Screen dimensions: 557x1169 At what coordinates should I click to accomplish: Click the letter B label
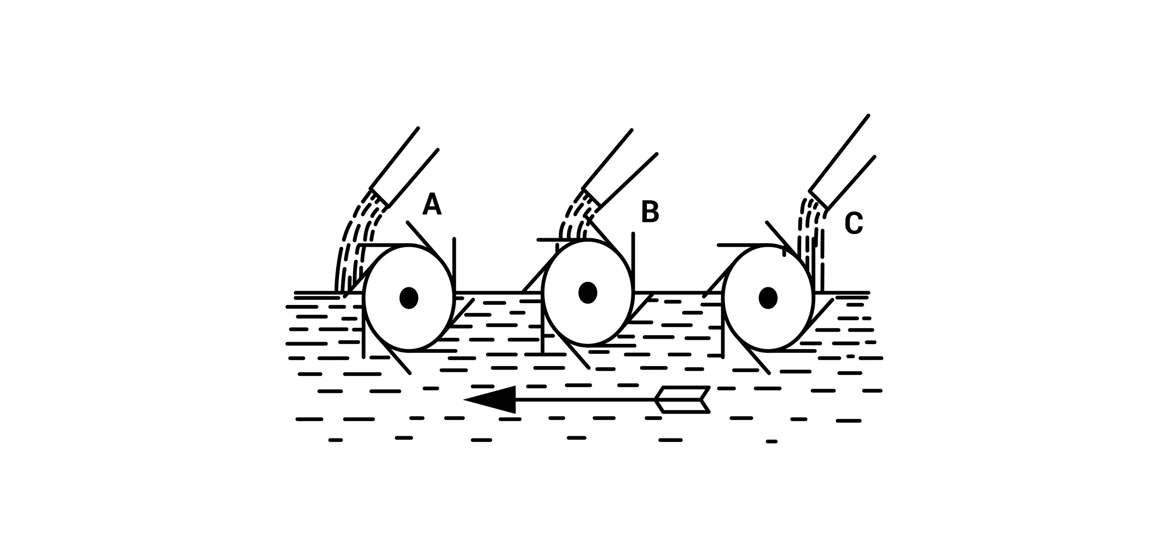click(650, 212)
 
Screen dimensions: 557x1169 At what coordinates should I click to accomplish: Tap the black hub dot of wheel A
click(408, 298)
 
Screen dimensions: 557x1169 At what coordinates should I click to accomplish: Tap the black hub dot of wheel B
click(588, 293)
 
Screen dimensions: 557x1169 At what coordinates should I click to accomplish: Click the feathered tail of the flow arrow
click(683, 400)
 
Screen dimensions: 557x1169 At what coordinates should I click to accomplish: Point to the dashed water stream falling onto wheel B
click(574, 223)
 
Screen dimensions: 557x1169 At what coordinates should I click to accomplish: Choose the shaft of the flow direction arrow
click(585, 400)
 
